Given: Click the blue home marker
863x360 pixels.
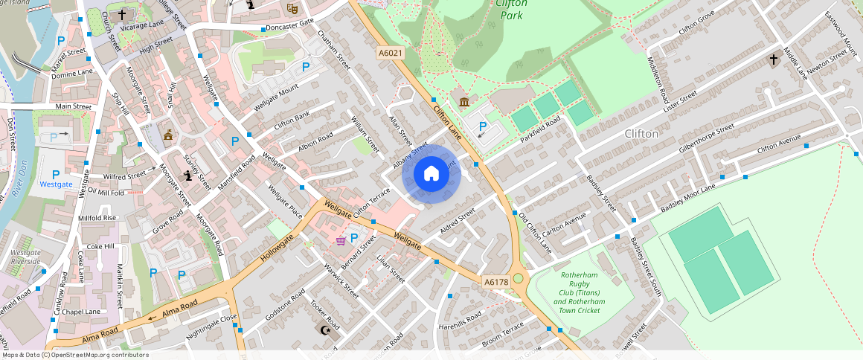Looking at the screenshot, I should (431, 175).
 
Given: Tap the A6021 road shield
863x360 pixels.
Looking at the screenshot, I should (390, 53).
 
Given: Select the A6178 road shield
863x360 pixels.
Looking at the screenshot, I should (495, 282).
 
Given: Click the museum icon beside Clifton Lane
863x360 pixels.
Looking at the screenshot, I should (464, 102).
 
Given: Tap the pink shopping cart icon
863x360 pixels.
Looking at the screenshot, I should (340, 240).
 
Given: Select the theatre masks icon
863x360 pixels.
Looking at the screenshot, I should (292, 8).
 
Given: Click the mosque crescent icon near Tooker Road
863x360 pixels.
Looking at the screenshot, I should (324, 330).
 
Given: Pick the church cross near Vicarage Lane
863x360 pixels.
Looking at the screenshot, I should (122, 14).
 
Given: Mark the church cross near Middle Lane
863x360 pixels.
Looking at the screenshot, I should (773, 59).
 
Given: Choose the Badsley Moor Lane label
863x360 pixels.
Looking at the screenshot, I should (687, 197).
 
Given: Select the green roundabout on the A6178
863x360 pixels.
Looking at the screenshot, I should (518, 279).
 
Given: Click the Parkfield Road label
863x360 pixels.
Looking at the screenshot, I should (539, 129).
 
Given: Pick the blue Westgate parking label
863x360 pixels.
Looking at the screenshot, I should (57, 184).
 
